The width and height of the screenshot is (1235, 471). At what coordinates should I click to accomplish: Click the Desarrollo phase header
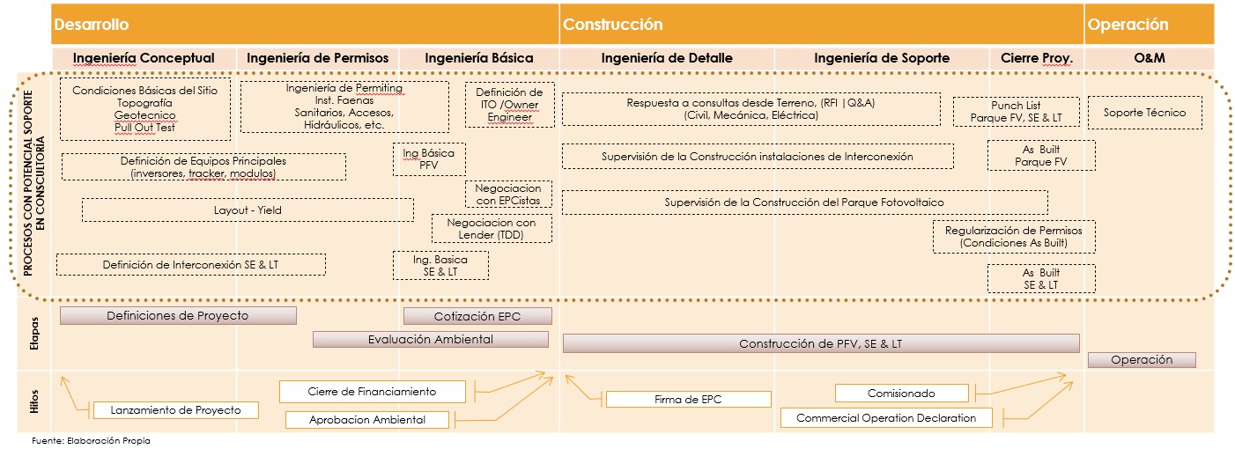click(x=92, y=25)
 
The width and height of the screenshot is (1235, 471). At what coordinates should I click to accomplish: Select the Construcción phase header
click(x=612, y=25)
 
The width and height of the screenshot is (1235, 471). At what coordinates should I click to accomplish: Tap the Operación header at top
click(x=1128, y=25)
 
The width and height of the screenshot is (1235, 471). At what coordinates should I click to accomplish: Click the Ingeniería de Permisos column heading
click(x=317, y=58)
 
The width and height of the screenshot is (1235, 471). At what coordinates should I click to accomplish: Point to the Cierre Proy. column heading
click(x=1037, y=58)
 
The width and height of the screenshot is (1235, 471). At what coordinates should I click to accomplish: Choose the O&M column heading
click(x=1150, y=58)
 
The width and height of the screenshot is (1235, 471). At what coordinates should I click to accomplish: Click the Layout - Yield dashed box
click(x=248, y=210)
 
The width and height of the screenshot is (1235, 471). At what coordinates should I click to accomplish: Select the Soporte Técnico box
click(x=1144, y=113)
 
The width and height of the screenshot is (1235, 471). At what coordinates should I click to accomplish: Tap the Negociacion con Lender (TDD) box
click(x=492, y=229)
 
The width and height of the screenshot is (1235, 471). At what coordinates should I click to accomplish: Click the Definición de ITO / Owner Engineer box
click(x=509, y=105)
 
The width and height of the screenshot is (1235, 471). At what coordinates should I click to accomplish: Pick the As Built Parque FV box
click(x=1040, y=156)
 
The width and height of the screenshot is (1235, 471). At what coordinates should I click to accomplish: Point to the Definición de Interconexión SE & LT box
click(x=190, y=264)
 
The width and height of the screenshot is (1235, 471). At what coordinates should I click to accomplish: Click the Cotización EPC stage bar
click(x=477, y=316)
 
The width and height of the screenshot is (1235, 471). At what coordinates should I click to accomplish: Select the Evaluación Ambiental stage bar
click(x=430, y=339)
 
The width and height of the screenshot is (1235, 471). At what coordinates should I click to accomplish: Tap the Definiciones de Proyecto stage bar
click(x=178, y=315)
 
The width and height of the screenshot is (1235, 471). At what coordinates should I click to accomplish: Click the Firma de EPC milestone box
click(x=688, y=400)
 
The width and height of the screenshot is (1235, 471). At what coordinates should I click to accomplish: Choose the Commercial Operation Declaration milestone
click(x=886, y=418)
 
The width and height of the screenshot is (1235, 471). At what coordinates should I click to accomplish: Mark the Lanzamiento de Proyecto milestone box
click(x=176, y=410)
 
